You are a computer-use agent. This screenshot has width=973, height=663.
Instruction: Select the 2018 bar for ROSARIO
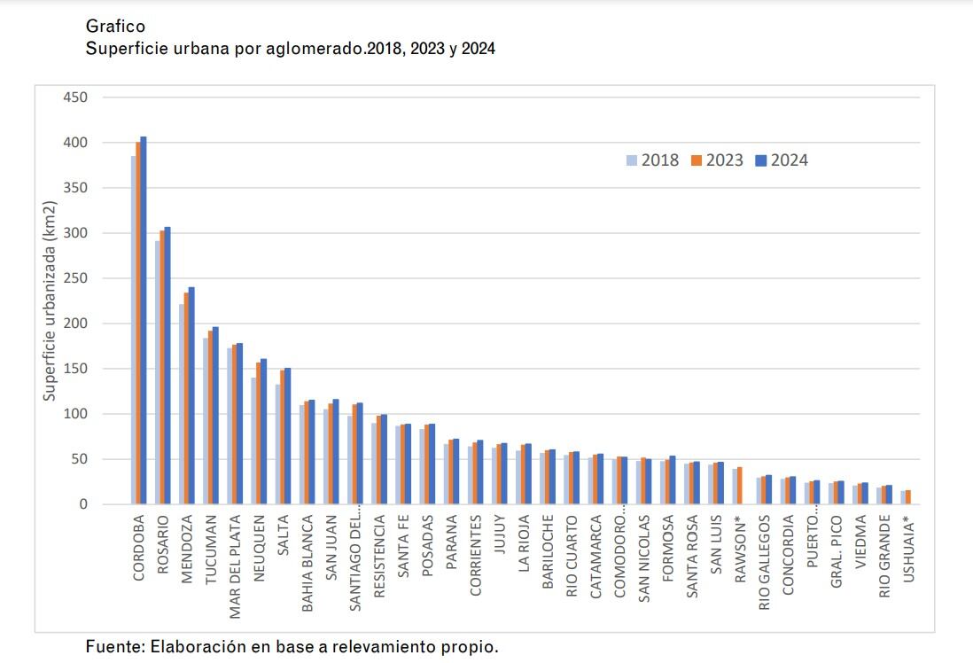pos(158,372)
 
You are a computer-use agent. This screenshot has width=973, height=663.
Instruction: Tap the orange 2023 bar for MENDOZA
pos(186,399)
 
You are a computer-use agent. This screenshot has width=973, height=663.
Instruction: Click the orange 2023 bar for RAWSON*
pos(740,486)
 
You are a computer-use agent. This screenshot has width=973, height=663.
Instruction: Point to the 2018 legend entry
pos(652,160)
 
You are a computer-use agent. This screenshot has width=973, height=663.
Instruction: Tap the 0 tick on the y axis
pos(83,504)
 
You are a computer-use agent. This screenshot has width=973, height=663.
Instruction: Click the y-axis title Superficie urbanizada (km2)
pos(51,301)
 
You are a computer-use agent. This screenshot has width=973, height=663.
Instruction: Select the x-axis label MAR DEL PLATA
pos(235,558)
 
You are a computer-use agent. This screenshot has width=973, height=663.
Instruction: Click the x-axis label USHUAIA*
pos(907,550)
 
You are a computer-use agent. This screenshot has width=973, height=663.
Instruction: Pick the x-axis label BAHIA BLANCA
pos(307,560)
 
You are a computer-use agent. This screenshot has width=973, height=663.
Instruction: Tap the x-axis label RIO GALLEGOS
pos(764,560)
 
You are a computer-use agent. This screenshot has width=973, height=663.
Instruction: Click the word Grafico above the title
pos(115,27)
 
